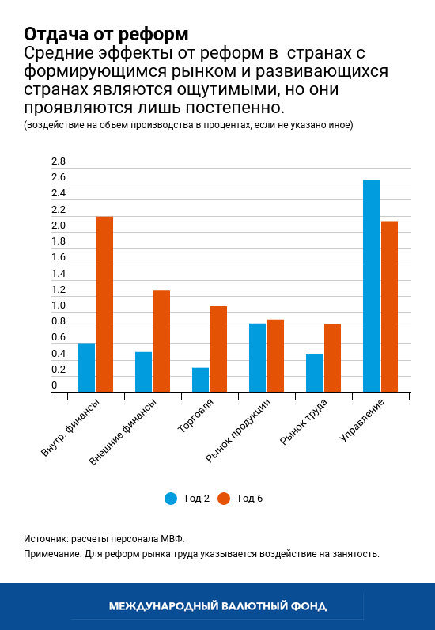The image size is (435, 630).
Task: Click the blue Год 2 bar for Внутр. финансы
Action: (x=86, y=368)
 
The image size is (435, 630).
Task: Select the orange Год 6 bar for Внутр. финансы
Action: (x=104, y=304)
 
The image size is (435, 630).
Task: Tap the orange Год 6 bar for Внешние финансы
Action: (x=161, y=341)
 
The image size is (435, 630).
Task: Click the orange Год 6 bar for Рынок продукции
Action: (x=275, y=355)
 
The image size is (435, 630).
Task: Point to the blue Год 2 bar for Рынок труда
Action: (x=314, y=373)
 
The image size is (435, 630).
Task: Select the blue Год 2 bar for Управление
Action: (x=371, y=286)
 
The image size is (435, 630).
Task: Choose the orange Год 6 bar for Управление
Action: (x=389, y=306)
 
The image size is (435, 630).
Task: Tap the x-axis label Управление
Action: (x=362, y=420)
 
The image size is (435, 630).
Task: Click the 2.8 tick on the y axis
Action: (x=59, y=161)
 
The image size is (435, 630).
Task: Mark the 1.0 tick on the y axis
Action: (x=59, y=306)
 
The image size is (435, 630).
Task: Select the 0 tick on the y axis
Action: (x=55, y=386)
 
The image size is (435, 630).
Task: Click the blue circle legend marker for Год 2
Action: (x=171, y=498)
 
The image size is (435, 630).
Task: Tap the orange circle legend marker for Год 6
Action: (x=224, y=498)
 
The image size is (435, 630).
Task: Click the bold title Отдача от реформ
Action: (x=106, y=34)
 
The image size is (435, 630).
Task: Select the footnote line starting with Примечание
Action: (x=202, y=554)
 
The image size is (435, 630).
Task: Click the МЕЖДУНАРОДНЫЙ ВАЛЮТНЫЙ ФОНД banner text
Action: (x=217, y=606)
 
